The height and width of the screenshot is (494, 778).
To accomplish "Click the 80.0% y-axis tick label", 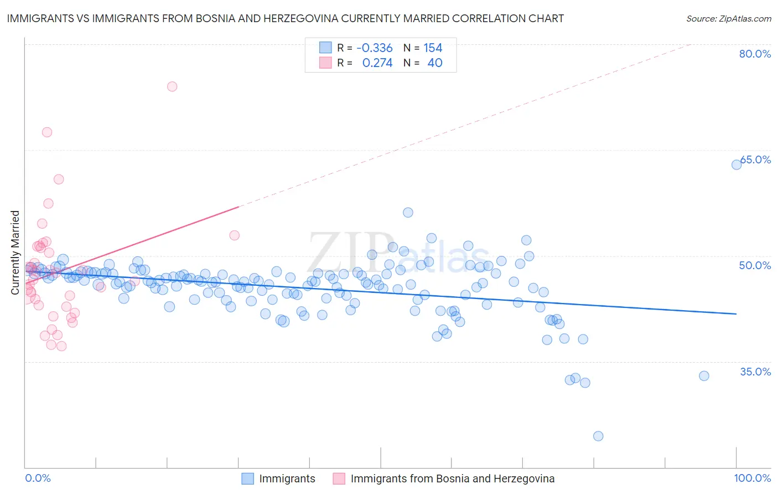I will click(755, 54).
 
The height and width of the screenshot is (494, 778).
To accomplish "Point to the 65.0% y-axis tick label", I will click(756, 159).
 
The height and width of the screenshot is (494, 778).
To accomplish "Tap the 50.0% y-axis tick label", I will click(755, 265).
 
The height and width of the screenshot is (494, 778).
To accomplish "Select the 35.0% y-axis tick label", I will click(755, 372).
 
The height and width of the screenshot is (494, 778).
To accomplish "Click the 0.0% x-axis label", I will click(38, 478).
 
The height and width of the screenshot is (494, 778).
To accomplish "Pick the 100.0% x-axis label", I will click(752, 478).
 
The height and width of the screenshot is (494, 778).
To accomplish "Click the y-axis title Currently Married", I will click(15, 253).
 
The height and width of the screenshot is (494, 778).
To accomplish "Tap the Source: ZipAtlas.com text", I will click(728, 18).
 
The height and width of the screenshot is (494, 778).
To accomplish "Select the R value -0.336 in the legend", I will click(374, 48).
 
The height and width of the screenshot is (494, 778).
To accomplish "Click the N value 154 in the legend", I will click(433, 48).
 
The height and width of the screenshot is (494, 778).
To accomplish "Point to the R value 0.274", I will click(377, 63).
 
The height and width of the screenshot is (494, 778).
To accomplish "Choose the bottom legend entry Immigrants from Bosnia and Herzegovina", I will click(452, 478).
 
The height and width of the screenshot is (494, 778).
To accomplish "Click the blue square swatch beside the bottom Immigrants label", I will click(247, 478).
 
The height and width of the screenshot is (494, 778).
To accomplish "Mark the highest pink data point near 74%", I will click(172, 86).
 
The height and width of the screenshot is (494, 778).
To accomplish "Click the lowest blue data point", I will click(598, 436).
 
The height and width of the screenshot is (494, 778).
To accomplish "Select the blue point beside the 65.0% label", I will click(736, 164).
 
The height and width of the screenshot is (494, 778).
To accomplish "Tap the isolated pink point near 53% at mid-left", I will click(234, 235).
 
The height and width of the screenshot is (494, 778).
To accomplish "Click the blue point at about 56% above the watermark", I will click(408, 213).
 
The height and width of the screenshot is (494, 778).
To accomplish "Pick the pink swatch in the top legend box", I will click(325, 63).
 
